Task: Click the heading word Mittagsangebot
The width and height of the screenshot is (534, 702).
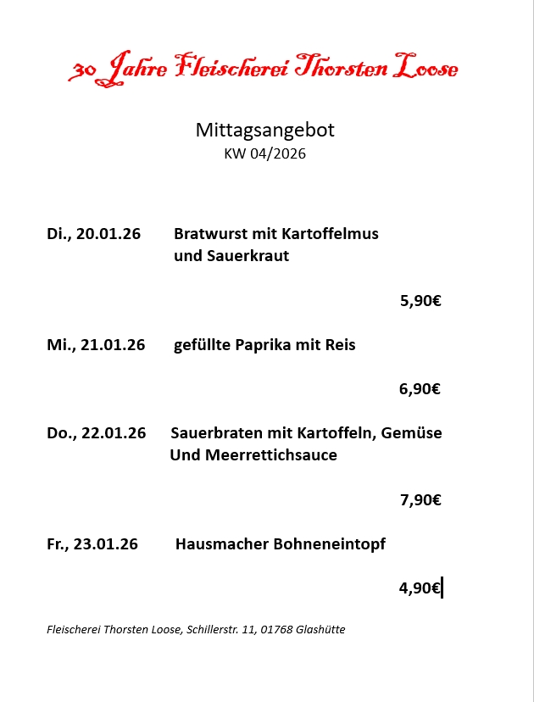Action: point(265,130)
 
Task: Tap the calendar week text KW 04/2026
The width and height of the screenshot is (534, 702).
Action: point(265,153)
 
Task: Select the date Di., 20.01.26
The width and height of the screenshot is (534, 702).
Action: point(94,234)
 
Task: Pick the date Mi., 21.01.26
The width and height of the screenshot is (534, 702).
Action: point(96,345)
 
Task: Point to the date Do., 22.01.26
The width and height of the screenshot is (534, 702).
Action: point(97,433)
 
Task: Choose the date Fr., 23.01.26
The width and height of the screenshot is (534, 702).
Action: point(92,544)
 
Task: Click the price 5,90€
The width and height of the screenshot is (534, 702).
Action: point(420,300)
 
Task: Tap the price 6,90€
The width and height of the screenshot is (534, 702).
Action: point(420,389)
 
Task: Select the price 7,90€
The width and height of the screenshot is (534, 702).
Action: point(420,500)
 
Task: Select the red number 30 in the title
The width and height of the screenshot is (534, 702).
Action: point(82,71)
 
